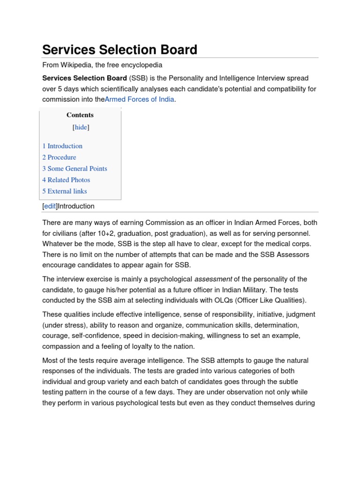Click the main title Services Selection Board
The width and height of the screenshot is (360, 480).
tap(120, 49)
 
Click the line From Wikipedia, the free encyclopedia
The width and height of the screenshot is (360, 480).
tap(102, 65)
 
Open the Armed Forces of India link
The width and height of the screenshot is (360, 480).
tap(139, 99)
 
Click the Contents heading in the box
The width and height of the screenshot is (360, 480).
tap(80, 115)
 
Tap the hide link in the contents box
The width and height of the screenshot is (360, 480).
tap(81, 127)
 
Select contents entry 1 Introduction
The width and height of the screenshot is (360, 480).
tap(62, 146)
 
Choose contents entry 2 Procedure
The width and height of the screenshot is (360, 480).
tap(59, 157)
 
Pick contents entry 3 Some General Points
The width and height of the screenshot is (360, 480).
tap(75, 169)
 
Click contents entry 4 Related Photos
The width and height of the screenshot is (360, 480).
tap(66, 180)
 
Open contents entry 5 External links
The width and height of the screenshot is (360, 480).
tap(65, 191)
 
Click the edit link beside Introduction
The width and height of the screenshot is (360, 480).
tap(50, 206)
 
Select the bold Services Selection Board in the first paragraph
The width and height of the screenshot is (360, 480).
tap(84, 78)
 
